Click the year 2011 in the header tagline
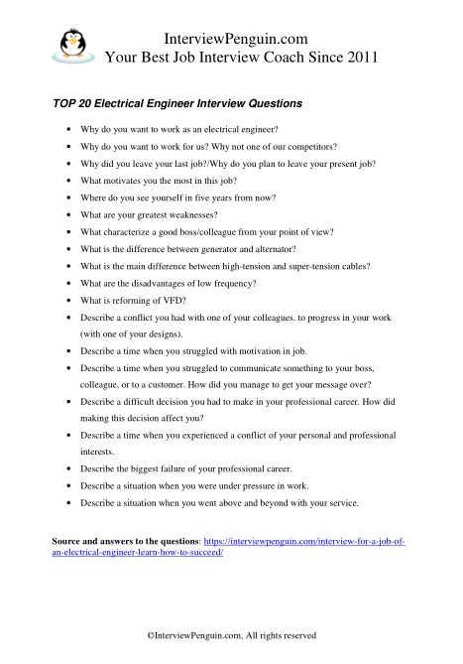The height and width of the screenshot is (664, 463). click(356, 57)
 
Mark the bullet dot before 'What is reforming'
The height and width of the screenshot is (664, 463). click(66, 301)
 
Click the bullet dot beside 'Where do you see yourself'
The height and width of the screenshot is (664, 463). click(66, 198)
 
